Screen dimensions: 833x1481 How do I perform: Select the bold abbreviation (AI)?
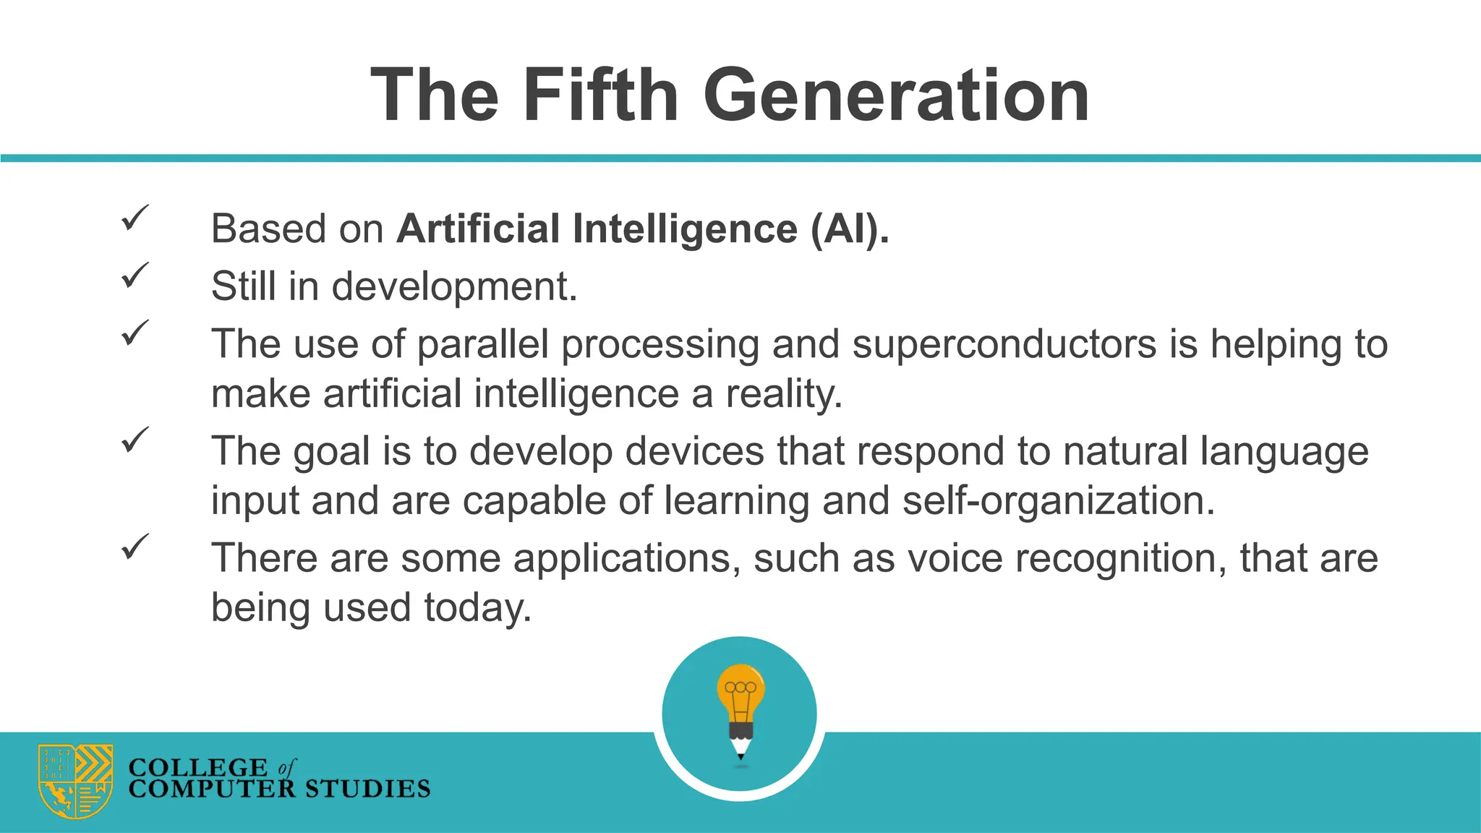click(x=850, y=229)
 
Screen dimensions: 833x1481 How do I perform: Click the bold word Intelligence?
click(x=685, y=229)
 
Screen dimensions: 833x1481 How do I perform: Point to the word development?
click(x=454, y=286)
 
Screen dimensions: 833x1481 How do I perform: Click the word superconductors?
click(x=1004, y=343)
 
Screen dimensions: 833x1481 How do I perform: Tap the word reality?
click(x=784, y=394)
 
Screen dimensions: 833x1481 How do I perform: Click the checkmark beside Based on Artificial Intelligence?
click(x=135, y=218)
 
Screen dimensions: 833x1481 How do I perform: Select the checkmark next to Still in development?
click(x=135, y=275)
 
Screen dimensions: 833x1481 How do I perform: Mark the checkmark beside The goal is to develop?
click(x=135, y=440)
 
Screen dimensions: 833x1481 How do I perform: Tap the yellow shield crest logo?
click(x=75, y=781)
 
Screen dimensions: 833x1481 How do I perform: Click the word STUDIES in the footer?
click(x=367, y=789)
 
